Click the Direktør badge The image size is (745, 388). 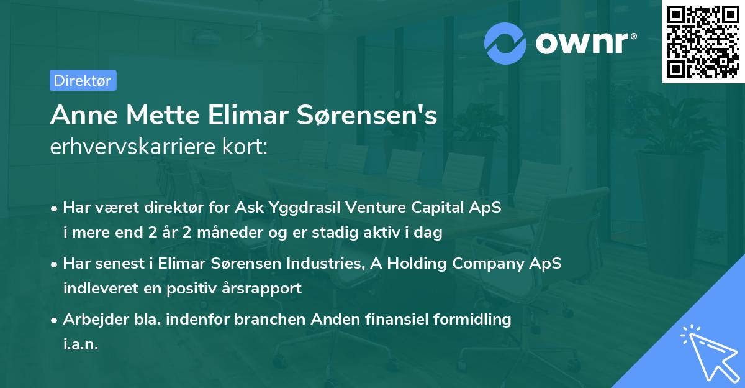83,80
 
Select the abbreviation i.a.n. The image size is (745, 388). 81,344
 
